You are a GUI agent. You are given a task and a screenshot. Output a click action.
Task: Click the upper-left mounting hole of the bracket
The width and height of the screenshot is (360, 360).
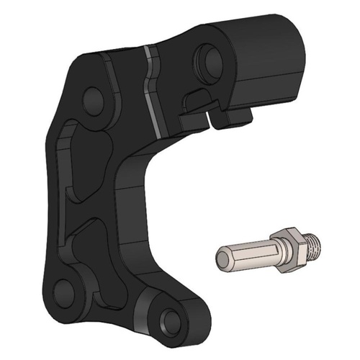point(94,102)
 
